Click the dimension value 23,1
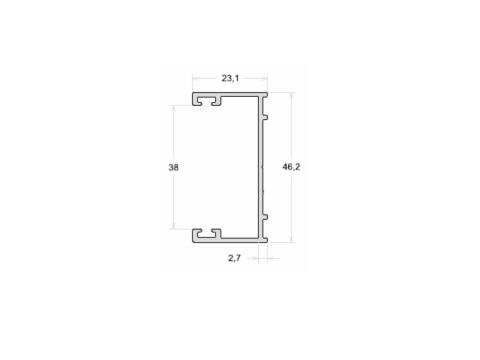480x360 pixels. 230,79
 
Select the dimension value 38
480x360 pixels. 173,167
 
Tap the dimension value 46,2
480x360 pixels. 291,166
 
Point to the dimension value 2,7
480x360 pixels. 235,258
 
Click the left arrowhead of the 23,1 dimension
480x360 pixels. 196,79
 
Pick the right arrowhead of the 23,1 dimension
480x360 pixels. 264,79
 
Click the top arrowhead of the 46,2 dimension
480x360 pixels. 292,96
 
